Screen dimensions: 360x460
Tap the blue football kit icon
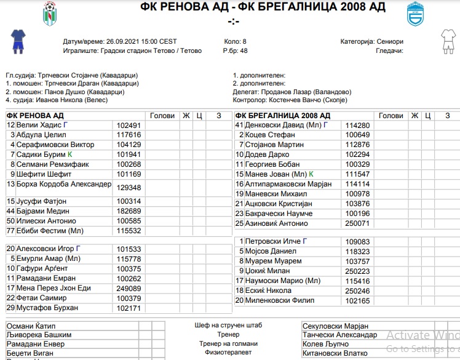click(x=18, y=41)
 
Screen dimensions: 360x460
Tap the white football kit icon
click(x=446, y=41)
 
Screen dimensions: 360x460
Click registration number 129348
click(x=129, y=188)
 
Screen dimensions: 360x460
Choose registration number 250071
click(x=357, y=223)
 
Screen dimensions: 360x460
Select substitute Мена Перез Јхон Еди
click(x=54, y=288)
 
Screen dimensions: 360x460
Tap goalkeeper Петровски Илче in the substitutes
click(x=271, y=242)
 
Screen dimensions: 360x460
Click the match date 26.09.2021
click(x=125, y=41)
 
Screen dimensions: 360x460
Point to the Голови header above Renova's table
click(x=162, y=116)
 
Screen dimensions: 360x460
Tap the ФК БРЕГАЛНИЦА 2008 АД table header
click(x=283, y=116)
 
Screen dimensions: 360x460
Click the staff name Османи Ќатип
click(x=31, y=326)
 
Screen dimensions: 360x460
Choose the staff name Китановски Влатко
click(x=335, y=354)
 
